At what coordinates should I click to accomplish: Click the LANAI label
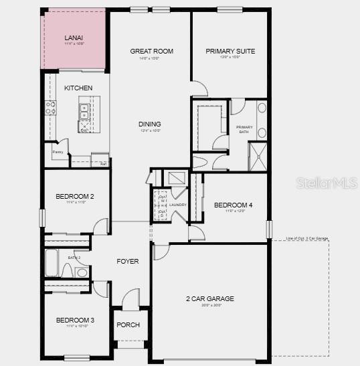[74, 37]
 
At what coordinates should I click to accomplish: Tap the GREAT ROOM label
[152, 51]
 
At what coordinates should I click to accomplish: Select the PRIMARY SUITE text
[230, 51]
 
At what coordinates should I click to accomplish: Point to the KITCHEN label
[78, 88]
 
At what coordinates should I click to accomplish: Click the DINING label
[149, 124]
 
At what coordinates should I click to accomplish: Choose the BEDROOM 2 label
[74, 196]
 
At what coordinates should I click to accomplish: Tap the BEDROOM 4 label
[233, 205]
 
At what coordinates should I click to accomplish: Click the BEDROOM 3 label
[74, 320]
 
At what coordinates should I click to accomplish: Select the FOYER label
[128, 261]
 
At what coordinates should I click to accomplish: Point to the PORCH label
[128, 325]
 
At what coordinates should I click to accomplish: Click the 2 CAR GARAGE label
[210, 298]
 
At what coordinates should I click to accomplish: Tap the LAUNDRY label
[178, 205]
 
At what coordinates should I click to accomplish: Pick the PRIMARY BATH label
[244, 129]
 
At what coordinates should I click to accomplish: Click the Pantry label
[58, 152]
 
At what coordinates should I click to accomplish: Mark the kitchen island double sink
[85, 110]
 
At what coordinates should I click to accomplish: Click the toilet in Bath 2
[68, 270]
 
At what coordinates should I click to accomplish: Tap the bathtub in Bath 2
[52, 262]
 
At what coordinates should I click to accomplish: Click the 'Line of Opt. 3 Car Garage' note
[306, 238]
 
